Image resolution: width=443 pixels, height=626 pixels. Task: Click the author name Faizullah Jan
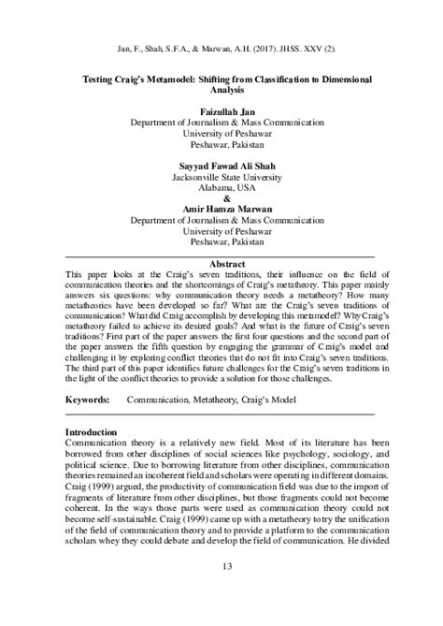point(221,112)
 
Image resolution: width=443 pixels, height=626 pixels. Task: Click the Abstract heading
point(221,264)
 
